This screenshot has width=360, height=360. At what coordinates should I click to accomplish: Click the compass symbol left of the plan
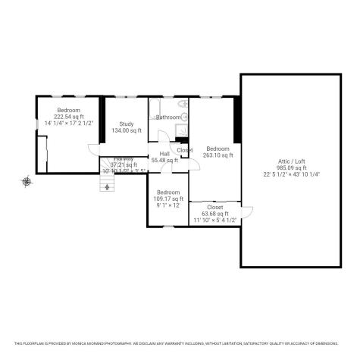click(x=27, y=181)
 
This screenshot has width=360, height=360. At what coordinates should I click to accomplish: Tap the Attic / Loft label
click(x=291, y=161)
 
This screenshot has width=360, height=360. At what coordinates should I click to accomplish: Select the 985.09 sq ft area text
click(x=291, y=167)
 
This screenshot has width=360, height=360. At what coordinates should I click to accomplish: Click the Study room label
click(x=126, y=124)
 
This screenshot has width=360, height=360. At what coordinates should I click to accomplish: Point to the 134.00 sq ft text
click(x=126, y=131)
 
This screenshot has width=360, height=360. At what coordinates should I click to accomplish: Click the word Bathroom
click(x=169, y=117)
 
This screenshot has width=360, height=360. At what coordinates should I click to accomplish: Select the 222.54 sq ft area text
click(x=68, y=116)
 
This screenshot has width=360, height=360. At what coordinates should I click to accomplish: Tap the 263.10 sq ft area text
click(x=218, y=155)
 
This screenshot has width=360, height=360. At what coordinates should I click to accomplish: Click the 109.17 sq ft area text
click(x=167, y=199)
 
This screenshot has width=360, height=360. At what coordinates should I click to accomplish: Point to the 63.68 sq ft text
click(x=215, y=214)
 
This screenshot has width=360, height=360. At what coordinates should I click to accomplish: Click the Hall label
click(x=164, y=154)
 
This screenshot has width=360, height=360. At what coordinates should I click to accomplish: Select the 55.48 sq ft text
click(x=164, y=160)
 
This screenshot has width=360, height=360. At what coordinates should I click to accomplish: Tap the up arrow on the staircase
click(x=108, y=182)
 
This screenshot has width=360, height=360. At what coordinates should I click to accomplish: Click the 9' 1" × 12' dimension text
click(x=167, y=205)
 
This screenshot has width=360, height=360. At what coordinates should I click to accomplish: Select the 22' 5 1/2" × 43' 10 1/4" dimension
click(x=291, y=174)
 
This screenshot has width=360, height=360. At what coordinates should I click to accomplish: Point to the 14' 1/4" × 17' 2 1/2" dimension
click(x=68, y=122)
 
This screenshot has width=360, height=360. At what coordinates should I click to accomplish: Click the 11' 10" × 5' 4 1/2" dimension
click(x=215, y=220)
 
